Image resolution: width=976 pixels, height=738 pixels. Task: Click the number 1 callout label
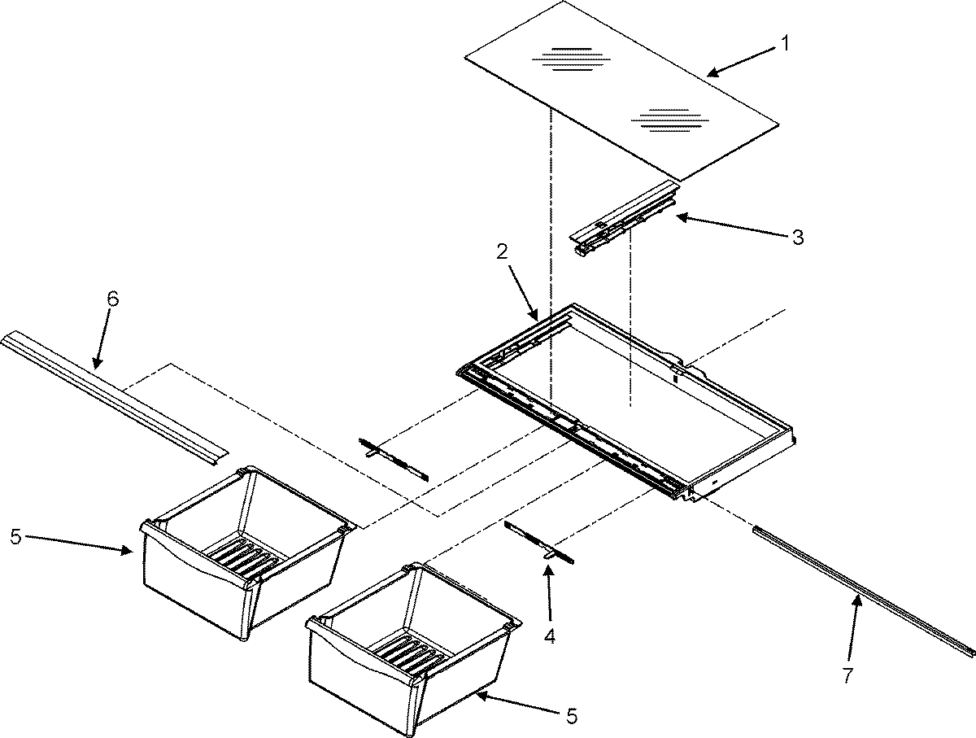click(785, 45)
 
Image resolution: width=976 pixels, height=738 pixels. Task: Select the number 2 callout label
click(503, 251)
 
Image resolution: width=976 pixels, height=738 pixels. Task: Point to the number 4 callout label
click(550, 636)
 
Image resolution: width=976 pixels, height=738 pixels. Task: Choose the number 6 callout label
click(112, 299)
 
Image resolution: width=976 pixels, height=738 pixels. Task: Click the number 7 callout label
click(848, 675)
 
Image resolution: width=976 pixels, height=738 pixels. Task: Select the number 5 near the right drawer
click(572, 716)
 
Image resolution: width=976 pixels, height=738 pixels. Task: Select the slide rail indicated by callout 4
click(539, 543)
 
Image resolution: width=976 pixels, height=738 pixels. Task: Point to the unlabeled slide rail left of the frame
click(393, 459)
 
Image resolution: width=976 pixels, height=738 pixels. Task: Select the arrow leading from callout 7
click(854, 628)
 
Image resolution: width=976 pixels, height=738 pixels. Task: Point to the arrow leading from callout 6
click(102, 346)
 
